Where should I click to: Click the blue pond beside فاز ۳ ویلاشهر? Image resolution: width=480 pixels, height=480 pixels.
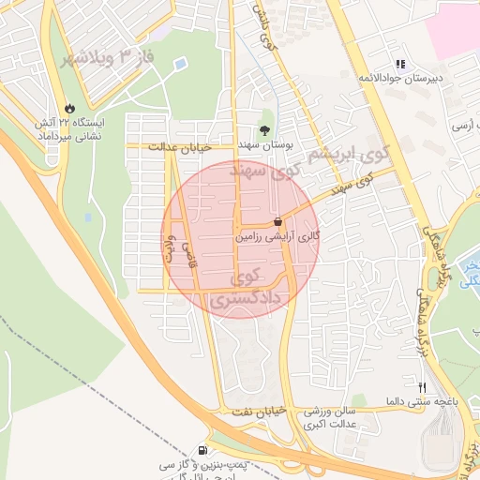(x=179, y=64)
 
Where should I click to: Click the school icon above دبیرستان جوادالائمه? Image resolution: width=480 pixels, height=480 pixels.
(x=400, y=64)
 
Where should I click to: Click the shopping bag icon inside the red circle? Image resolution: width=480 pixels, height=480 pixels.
(x=277, y=222)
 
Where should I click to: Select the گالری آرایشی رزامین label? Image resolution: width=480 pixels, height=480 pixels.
(x=277, y=237)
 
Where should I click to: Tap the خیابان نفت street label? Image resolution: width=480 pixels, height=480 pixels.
(x=257, y=412)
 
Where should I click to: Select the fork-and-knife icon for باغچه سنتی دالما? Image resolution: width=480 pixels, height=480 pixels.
(x=421, y=387)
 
